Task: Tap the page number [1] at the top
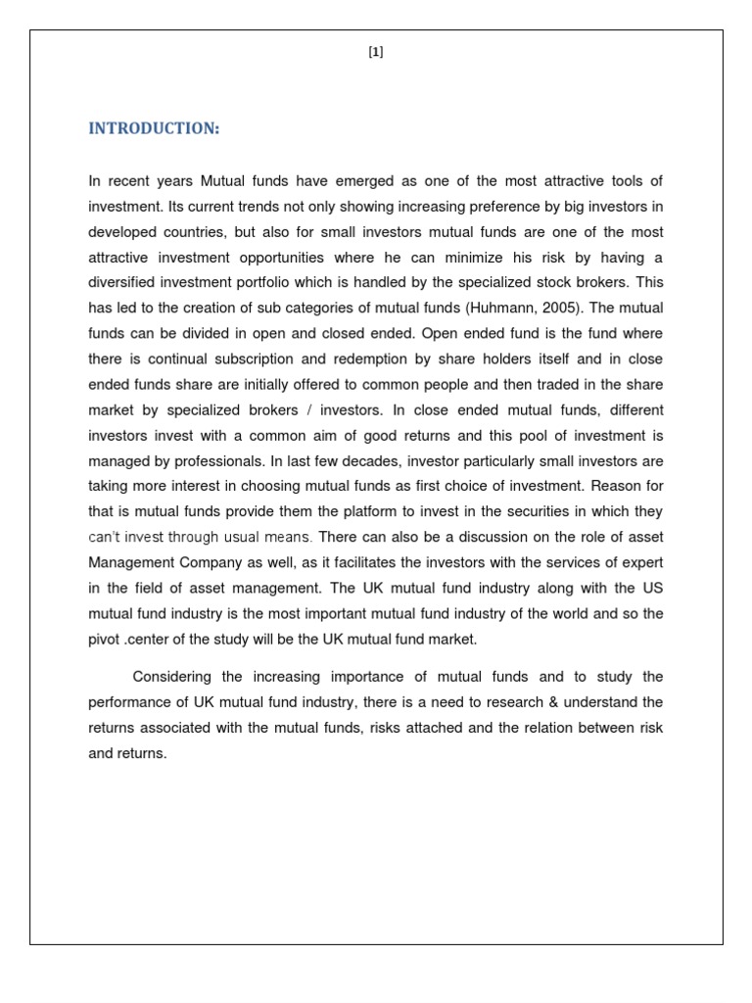coord(376,54)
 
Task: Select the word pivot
coord(106,640)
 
